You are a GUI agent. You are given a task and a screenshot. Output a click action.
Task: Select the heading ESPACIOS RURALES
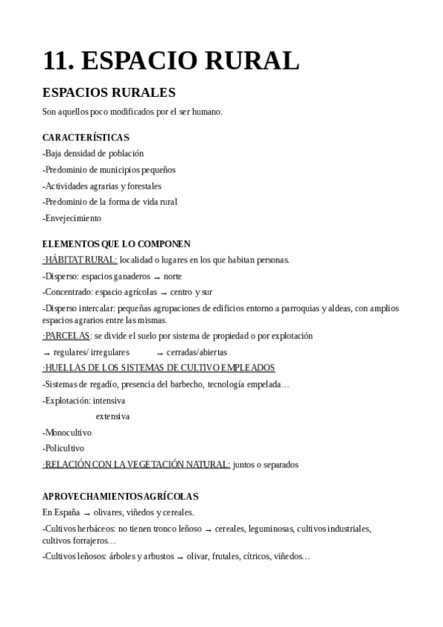109,93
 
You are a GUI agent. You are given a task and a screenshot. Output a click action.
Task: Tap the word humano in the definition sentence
206,112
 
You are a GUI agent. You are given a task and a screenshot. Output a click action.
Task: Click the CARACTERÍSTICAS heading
86,138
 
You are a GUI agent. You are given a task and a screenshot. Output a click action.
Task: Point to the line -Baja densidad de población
93,154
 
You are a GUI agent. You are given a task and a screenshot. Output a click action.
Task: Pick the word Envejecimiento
72,218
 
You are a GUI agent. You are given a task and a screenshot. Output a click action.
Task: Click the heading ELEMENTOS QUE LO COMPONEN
116,244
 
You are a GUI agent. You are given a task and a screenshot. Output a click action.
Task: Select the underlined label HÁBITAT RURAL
81,260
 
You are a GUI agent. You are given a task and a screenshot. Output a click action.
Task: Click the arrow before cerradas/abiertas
160,353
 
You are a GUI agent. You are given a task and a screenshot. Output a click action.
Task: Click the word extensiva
112,416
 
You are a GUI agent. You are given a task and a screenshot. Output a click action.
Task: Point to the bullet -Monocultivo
67,433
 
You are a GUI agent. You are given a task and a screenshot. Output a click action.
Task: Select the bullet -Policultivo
64,448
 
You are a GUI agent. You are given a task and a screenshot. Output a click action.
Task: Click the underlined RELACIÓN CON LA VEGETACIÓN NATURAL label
137,464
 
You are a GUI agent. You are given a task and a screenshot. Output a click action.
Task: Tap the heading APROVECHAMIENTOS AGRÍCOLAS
121,497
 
